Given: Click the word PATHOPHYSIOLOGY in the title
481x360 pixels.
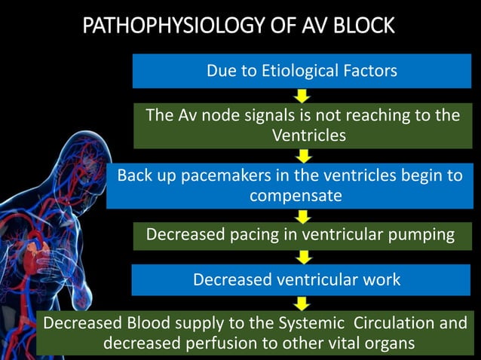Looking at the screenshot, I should [x=158, y=27].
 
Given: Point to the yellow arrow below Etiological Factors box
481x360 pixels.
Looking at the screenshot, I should [x=302, y=96].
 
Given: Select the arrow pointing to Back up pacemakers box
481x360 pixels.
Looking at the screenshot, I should [x=302, y=156].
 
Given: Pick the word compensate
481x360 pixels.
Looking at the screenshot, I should [x=296, y=196].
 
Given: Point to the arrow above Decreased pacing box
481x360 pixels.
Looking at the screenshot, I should [x=302, y=216].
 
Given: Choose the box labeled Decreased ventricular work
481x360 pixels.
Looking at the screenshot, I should [x=297, y=279].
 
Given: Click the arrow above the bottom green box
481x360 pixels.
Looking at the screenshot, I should [x=302, y=303].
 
